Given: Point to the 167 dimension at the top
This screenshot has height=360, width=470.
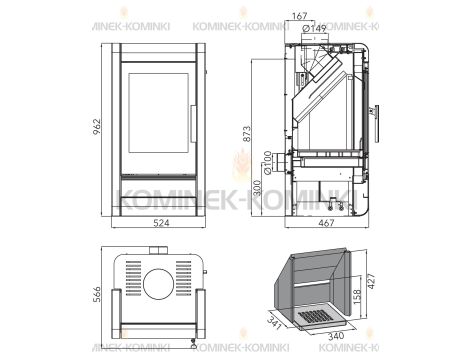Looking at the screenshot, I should coord(301,14).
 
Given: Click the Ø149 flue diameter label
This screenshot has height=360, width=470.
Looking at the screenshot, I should coord(315,28).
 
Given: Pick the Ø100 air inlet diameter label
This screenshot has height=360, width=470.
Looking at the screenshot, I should coord(268,160).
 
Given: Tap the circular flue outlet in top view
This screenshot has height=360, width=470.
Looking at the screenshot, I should coord(157,283).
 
